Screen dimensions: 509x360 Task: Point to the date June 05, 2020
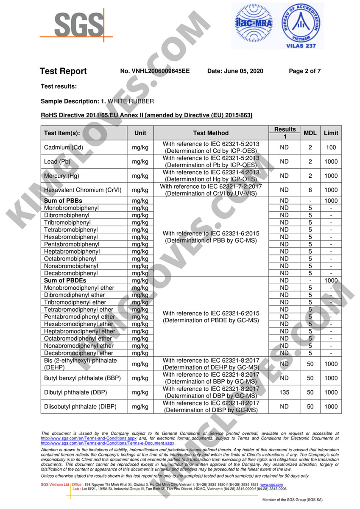(x=235, y=71)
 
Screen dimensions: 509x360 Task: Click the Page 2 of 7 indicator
(x=304, y=71)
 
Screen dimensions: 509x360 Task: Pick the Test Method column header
(x=211, y=133)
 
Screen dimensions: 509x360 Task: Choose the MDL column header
(x=310, y=133)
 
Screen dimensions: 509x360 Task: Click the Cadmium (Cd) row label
(x=64, y=148)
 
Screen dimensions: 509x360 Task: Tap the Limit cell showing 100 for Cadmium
(x=331, y=148)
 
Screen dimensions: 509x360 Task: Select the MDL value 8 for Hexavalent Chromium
(x=310, y=190)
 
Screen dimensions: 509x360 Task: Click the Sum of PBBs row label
(x=63, y=201)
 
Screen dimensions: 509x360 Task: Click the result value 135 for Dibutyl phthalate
(x=284, y=392)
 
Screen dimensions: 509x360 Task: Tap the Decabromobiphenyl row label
(x=71, y=273)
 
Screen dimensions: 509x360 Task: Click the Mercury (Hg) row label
(x=61, y=176)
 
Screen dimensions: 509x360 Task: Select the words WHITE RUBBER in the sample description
(x=131, y=101)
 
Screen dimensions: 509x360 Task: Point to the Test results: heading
(x=59, y=87)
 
